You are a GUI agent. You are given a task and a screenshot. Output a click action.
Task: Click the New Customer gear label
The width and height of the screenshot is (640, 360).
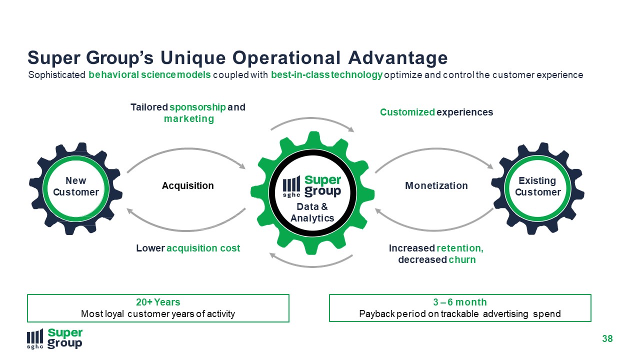76,186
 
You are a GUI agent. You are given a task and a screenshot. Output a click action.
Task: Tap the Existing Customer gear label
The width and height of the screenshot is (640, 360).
537,186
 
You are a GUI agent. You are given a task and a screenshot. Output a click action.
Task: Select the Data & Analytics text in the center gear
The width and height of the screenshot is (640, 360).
312,212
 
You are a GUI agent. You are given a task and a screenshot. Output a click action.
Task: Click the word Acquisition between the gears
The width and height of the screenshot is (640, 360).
187,185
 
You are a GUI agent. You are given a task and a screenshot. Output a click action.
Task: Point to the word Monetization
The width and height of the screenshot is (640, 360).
436,185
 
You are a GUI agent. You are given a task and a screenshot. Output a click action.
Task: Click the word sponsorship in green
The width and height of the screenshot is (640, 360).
197,107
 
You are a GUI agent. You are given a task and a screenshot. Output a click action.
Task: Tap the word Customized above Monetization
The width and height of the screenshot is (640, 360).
407,112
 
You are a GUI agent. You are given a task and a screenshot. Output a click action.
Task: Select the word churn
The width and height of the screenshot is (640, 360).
462,259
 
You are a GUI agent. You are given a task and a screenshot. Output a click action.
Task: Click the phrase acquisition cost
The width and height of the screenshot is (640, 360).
203,248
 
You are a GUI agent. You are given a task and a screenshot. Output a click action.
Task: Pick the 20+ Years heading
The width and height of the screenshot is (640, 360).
158,302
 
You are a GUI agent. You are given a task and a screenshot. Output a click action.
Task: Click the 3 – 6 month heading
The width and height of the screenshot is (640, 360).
460,302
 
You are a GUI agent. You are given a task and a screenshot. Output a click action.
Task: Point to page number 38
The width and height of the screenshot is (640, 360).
607,339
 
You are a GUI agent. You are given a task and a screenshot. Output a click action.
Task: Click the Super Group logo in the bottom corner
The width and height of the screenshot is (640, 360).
54,338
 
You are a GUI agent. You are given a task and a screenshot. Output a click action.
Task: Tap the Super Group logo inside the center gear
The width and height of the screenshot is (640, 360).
311,186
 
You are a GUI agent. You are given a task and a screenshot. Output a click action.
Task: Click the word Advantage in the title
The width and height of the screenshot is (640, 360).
397,58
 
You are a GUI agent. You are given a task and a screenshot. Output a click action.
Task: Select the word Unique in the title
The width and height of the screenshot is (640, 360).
193,58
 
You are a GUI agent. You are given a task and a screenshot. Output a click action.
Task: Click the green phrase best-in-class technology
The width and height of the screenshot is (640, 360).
326,75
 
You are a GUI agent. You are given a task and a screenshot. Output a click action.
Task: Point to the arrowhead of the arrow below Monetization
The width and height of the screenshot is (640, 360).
378,211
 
